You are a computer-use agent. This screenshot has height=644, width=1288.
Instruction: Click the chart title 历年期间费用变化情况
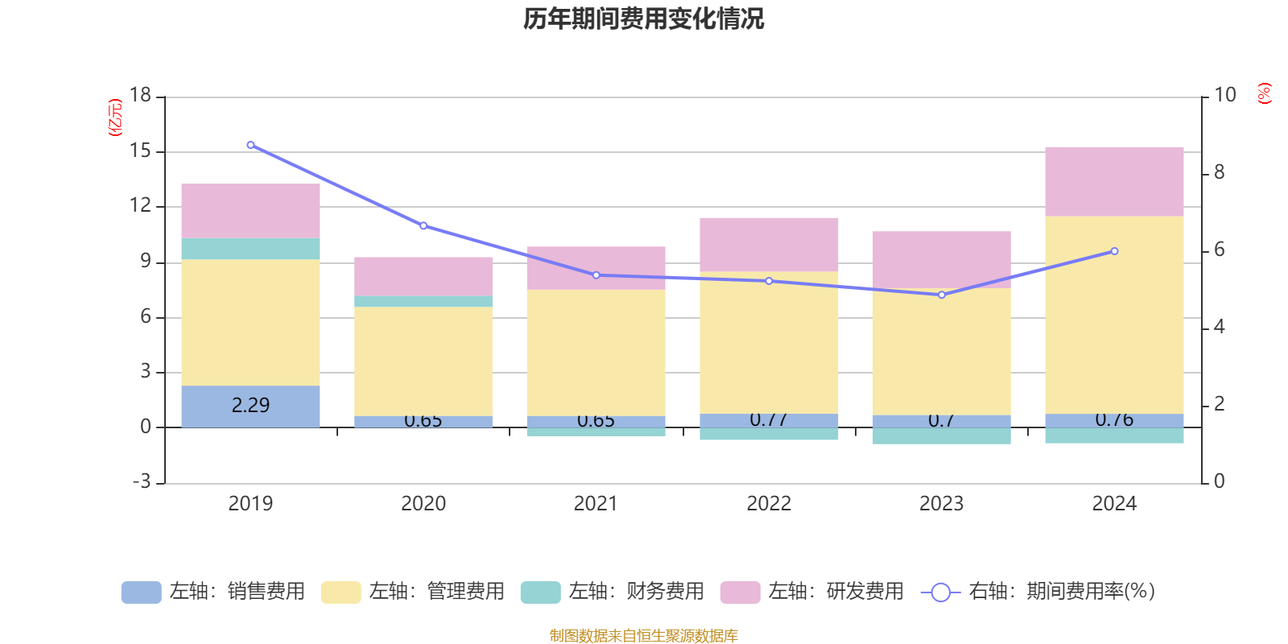click(643, 19)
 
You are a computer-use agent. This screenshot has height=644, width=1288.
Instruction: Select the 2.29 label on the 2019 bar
click(250, 405)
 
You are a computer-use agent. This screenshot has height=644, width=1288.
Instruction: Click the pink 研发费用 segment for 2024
click(1114, 181)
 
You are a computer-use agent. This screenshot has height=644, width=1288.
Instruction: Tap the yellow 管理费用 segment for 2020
click(423, 361)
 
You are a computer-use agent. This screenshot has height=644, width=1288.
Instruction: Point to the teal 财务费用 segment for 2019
click(250, 249)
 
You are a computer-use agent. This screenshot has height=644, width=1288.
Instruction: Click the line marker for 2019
click(250, 145)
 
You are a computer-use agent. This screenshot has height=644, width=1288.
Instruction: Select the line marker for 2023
click(942, 295)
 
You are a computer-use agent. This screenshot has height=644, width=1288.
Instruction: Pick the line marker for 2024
click(1114, 251)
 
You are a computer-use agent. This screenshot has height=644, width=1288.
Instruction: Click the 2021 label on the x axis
click(596, 504)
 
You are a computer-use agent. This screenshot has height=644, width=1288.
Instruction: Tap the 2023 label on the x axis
click(941, 504)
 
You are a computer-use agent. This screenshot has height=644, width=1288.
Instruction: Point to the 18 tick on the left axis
click(140, 95)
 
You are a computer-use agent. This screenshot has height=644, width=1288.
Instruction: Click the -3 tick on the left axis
click(141, 481)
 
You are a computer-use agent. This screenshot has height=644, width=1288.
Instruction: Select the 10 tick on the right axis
click(1224, 95)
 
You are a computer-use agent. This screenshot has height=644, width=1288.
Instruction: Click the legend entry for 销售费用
click(214, 592)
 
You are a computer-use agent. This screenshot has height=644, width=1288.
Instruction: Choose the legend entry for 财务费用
click(613, 592)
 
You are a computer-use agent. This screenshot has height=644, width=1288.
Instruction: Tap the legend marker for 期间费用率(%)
click(940, 592)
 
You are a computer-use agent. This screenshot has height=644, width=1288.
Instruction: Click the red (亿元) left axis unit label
click(115, 118)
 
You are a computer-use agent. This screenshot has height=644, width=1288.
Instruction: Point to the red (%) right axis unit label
click(1264, 93)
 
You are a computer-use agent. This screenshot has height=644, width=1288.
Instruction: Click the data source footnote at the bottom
click(643, 636)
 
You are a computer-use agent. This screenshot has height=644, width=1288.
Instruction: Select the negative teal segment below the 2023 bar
click(942, 436)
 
